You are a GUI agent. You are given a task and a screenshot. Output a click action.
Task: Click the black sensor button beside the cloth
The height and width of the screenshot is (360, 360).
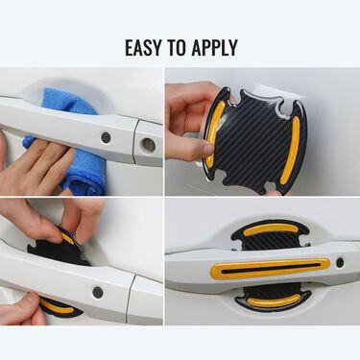point(105,137)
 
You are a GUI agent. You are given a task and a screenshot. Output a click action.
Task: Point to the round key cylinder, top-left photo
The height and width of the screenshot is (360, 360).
point(147,144)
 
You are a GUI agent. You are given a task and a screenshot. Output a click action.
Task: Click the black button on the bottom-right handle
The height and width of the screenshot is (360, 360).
point(339,261)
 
